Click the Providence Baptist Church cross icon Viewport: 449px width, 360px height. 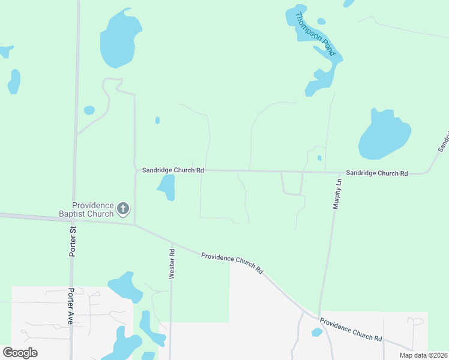pos(123,209)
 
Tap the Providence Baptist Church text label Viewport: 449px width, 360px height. pos(92,209)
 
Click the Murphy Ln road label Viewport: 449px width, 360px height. pos(337,194)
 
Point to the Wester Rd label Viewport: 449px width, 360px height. pos(172,265)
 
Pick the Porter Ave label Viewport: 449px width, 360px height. pos(70,306)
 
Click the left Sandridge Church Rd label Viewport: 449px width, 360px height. pos(173,170)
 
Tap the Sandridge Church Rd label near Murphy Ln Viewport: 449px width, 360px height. pos(377,173)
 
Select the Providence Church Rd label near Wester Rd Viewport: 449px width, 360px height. pos(232,262)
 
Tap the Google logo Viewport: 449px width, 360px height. pos(20,353)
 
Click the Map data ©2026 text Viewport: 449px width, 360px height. pos(423,355)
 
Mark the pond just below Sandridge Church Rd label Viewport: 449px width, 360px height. pos(167,187)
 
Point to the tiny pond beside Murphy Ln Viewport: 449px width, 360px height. pos(319,158)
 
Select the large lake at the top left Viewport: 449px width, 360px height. pos(120,39)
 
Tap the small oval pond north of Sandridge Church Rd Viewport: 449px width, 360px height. pos(157,120)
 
